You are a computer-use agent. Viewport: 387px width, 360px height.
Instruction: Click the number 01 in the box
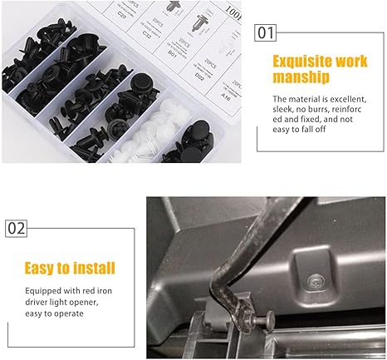click(266, 33)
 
